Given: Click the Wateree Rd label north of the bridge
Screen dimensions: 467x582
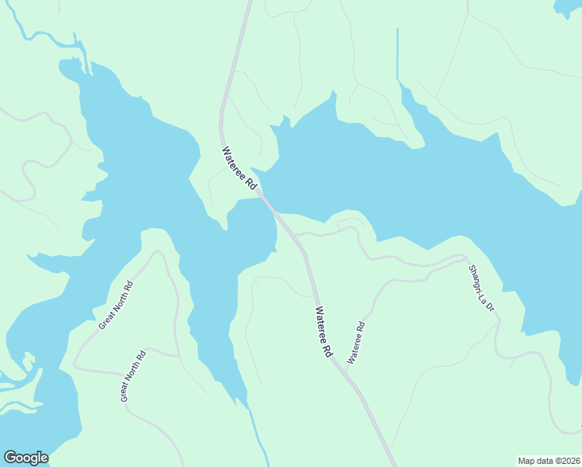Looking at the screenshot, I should pos(239,169).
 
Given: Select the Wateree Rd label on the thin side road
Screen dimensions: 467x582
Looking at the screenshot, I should pos(356,343).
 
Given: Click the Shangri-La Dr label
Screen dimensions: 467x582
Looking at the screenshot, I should pos(481,288).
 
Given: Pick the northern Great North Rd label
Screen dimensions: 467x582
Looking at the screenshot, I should pos(116,304).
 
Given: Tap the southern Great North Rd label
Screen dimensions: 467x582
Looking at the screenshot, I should pos(133,377).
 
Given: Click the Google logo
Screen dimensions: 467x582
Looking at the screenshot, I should pos(26,458).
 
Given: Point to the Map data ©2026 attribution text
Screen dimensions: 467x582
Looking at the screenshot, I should pos(549,461).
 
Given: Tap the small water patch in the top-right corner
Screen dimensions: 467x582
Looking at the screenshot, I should pos(567,7).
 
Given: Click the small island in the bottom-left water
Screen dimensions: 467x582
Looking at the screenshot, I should pos(29,362).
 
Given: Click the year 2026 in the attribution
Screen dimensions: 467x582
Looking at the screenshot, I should pos(567,461).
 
